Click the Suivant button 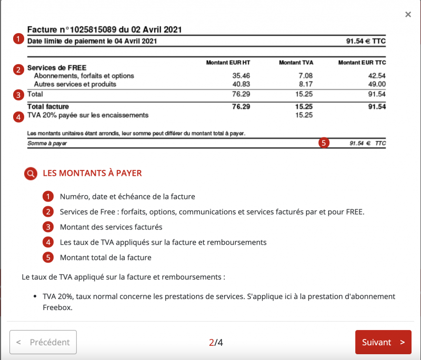[x=383, y=342]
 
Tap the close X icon [x=408, y=15]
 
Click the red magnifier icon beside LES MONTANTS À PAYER [x=31, y=173]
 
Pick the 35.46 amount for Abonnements [x=241, y=76]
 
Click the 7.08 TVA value [x=305, y=76]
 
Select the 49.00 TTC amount [x=377, y=84]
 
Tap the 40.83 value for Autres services [x=241, y=84]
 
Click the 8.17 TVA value [x=305, y=84]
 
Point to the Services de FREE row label [x=56, y=68]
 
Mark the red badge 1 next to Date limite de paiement [x=19, y=39]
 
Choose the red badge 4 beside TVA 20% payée [x=19, y=116]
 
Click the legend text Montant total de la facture [x=106, y=257]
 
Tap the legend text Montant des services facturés [x=111, y=227]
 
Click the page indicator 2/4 [x=216, y=342]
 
